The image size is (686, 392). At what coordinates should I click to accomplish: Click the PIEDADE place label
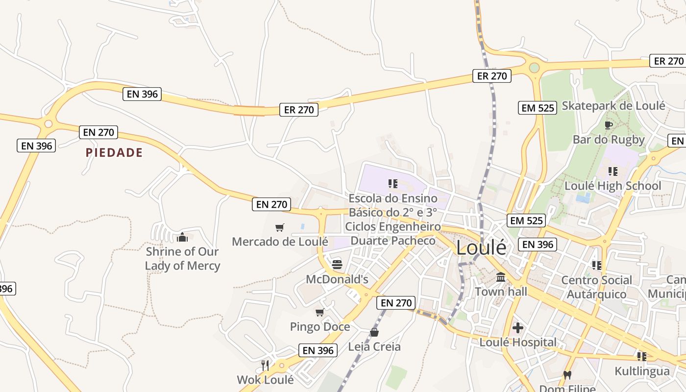[114, 152]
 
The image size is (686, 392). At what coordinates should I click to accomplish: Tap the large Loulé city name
[481, 248]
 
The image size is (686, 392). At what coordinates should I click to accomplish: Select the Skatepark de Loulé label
[613, 105]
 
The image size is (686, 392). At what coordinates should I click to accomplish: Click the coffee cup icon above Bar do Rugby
[609, 125]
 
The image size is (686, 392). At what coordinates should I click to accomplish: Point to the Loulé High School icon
[612, 171]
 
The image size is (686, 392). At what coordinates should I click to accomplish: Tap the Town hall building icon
[501, 277]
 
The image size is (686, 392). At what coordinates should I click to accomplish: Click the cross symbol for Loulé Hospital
[518, 327]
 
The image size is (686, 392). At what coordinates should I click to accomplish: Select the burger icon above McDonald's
[337, 265]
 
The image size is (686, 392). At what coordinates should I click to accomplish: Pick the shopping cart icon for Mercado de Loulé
[279, 227]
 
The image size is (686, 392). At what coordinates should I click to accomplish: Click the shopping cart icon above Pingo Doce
[320, 312]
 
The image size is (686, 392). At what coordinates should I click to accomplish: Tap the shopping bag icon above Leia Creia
[374, 332]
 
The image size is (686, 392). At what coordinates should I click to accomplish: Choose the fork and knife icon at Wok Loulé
[265, 365]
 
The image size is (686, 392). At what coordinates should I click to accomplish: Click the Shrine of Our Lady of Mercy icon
[182, 237]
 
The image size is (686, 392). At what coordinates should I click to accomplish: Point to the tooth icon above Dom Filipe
[567, 375]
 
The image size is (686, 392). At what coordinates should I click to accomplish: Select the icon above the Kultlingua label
[641, 356]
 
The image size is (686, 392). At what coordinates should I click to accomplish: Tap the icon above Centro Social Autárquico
[596, 265]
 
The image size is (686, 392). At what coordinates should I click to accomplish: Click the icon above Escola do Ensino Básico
[392, 184]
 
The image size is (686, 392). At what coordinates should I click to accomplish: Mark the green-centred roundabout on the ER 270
[534, 68]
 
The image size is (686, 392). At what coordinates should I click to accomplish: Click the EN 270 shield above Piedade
[98, 132]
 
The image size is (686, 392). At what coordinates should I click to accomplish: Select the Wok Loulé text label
[265, 380]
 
